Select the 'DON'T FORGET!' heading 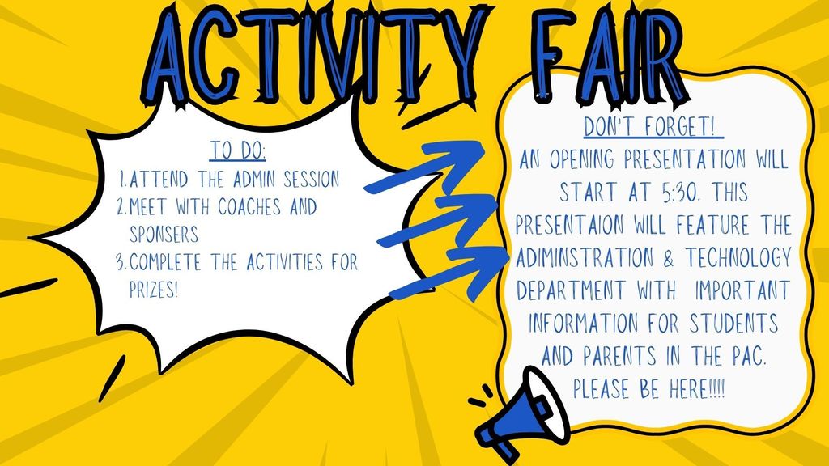[x=653, y=129]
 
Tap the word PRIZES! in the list [x=154, y=289]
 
